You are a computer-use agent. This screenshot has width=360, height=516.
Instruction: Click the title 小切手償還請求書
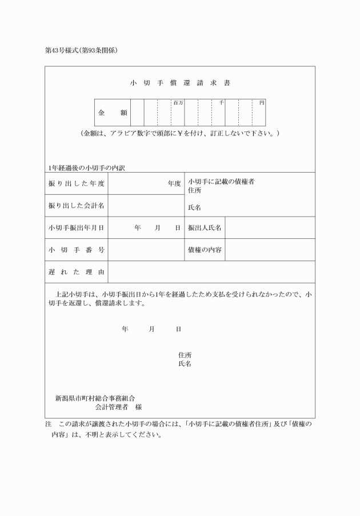click(x=180, y=83)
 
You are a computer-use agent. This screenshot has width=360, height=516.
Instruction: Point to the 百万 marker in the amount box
click(x=178, y=103)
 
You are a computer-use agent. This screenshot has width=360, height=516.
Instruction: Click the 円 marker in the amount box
click(x=261, y=103)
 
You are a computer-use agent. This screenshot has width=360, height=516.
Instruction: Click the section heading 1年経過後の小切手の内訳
click(x=86, y=168)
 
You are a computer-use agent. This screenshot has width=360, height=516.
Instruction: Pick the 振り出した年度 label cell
click(x=76, y=183)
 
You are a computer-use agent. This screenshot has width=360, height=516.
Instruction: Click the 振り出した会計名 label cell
click(x=76, y=206)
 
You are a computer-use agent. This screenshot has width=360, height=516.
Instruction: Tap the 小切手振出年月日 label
click(x=76, y=227)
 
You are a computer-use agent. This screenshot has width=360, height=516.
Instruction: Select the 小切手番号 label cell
click(x=76, y=250)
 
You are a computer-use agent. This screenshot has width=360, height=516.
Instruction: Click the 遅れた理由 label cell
click(x=76, y=272)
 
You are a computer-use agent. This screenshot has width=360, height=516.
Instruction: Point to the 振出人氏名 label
click(x=205, y=227)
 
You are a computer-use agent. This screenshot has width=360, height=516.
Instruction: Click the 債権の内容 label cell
click(x=205, y=250)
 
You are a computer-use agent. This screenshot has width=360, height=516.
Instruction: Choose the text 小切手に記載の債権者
click(x=221, y=181)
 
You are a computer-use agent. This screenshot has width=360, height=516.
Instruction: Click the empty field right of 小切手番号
click(x=146, y=250)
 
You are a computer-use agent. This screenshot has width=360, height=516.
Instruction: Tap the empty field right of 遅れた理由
click(x=211, y=272)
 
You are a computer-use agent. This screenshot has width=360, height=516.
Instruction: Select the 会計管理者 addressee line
click(x=118, y=407)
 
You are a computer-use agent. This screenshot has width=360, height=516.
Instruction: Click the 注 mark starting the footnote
click(x=48, y=425)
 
